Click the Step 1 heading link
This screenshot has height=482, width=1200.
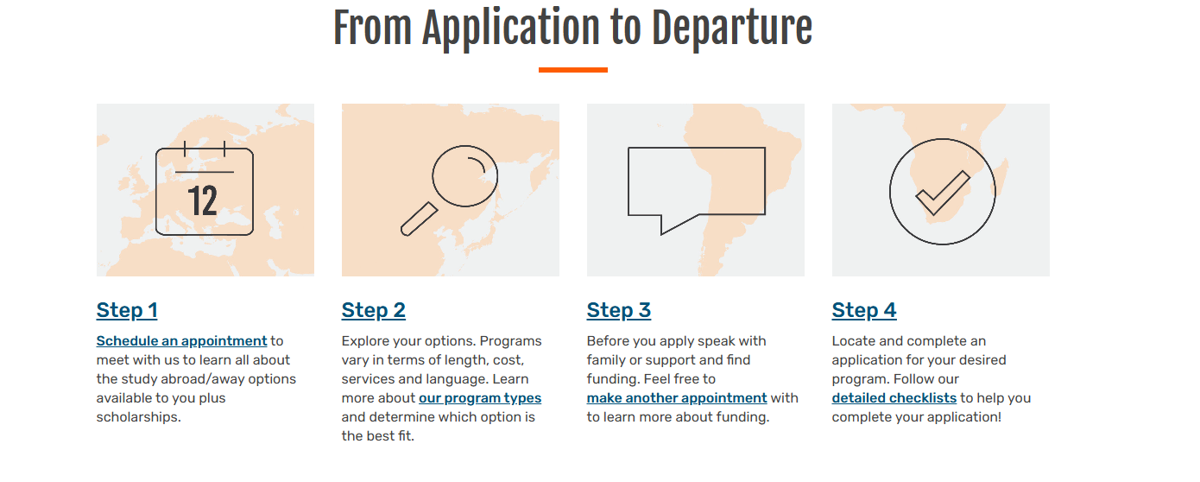pos(127,310)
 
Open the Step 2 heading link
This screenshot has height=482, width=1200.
pos(374,310)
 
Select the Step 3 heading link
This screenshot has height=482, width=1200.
pos(619,310)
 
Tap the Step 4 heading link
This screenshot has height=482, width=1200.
pos(864,310)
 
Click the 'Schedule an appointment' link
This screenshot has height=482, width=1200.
pos(181,341)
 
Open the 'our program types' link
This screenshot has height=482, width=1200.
pos(480,398)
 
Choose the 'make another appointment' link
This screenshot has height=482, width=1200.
pos(677,398)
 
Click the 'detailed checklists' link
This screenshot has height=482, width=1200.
pos(894,398)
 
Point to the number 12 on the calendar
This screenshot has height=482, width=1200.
pos(203,201)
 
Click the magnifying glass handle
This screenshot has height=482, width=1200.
pos(419,219)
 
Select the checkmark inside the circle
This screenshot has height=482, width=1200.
pos(943,193)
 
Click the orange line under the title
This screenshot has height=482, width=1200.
pos(572,70)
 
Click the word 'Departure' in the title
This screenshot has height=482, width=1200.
pos(732,29)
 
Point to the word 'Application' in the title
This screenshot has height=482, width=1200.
pos(511,29)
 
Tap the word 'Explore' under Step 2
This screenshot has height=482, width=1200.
pos(365,341)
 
